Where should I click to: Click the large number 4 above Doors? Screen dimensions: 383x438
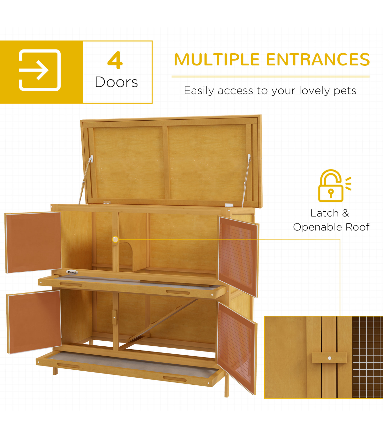(x=115, y=60)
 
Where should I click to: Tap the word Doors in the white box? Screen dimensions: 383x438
(x=116, y=82)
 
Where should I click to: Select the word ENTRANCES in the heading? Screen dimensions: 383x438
(x=318, y=59)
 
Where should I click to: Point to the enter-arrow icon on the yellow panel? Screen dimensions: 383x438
(x=40, y=70)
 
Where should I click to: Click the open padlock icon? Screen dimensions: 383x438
(x=334, y=185)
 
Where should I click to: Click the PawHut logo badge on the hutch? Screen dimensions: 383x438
(x=72, y=272)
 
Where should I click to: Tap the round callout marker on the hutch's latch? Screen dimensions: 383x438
(x=115, y=239)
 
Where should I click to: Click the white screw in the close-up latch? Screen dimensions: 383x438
(x=329, y=358)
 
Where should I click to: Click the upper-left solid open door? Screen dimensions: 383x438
(x=33, y=242)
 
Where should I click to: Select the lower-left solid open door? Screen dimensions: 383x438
(x=34, y=322)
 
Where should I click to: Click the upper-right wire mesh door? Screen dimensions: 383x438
(x=238, y=256)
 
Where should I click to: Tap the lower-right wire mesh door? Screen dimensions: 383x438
(x=237, y=348)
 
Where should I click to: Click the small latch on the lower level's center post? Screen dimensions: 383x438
(x=115, y=317)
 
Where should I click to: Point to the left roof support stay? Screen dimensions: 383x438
(x=85, y=180)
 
